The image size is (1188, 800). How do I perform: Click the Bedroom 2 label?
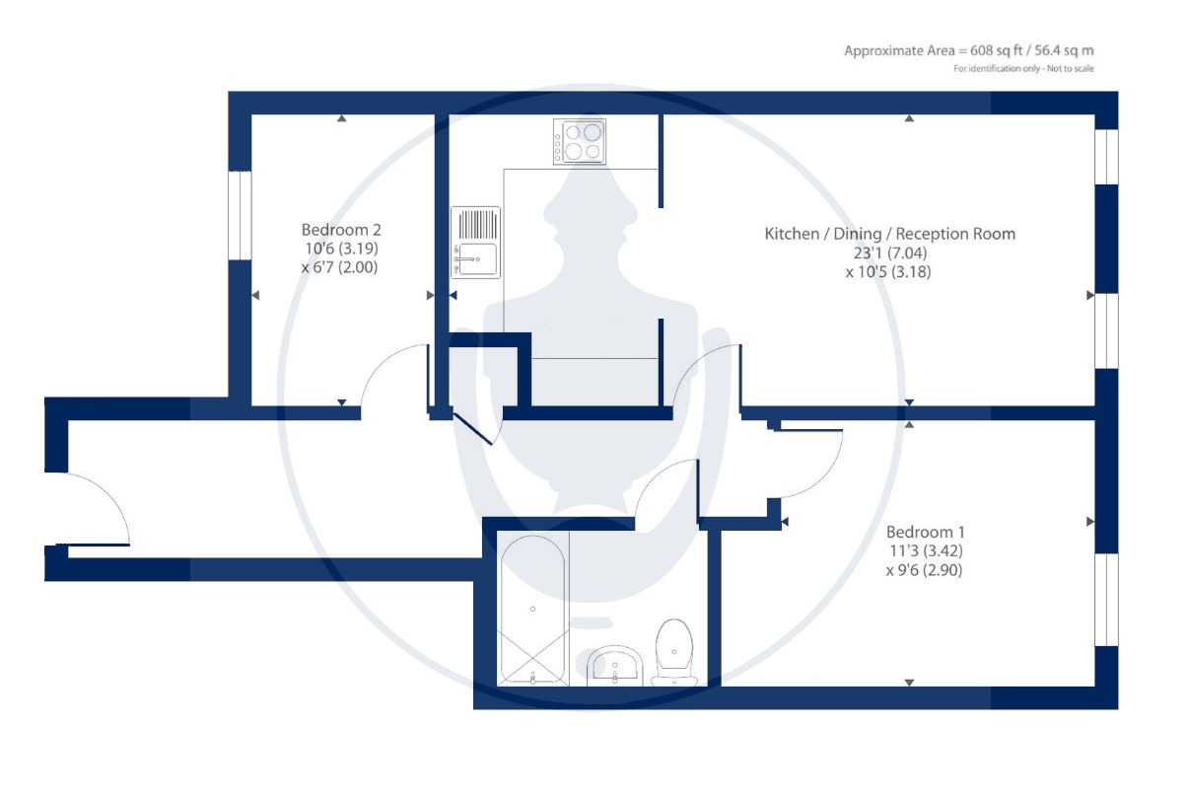[341, 230]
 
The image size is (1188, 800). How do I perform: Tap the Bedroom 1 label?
[926, 532]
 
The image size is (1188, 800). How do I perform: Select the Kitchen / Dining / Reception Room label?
[890, 234]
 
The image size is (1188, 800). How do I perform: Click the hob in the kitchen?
[579, 142]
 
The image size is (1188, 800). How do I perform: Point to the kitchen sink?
[475, 243]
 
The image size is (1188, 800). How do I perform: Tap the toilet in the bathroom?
[674, 652]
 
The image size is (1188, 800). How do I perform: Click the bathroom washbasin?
[614, 665]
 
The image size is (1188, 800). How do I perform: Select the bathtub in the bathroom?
[533, 609]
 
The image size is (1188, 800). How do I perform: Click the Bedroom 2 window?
[240, 215]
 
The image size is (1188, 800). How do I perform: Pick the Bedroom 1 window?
[1106, 600]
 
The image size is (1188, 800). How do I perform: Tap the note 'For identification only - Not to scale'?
[1023, 68]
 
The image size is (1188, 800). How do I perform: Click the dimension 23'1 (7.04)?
[890, 253]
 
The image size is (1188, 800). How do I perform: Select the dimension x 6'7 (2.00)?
[340, 267]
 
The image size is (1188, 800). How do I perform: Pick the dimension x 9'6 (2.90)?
[925, 570]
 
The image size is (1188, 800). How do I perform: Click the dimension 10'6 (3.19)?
[341, 249]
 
